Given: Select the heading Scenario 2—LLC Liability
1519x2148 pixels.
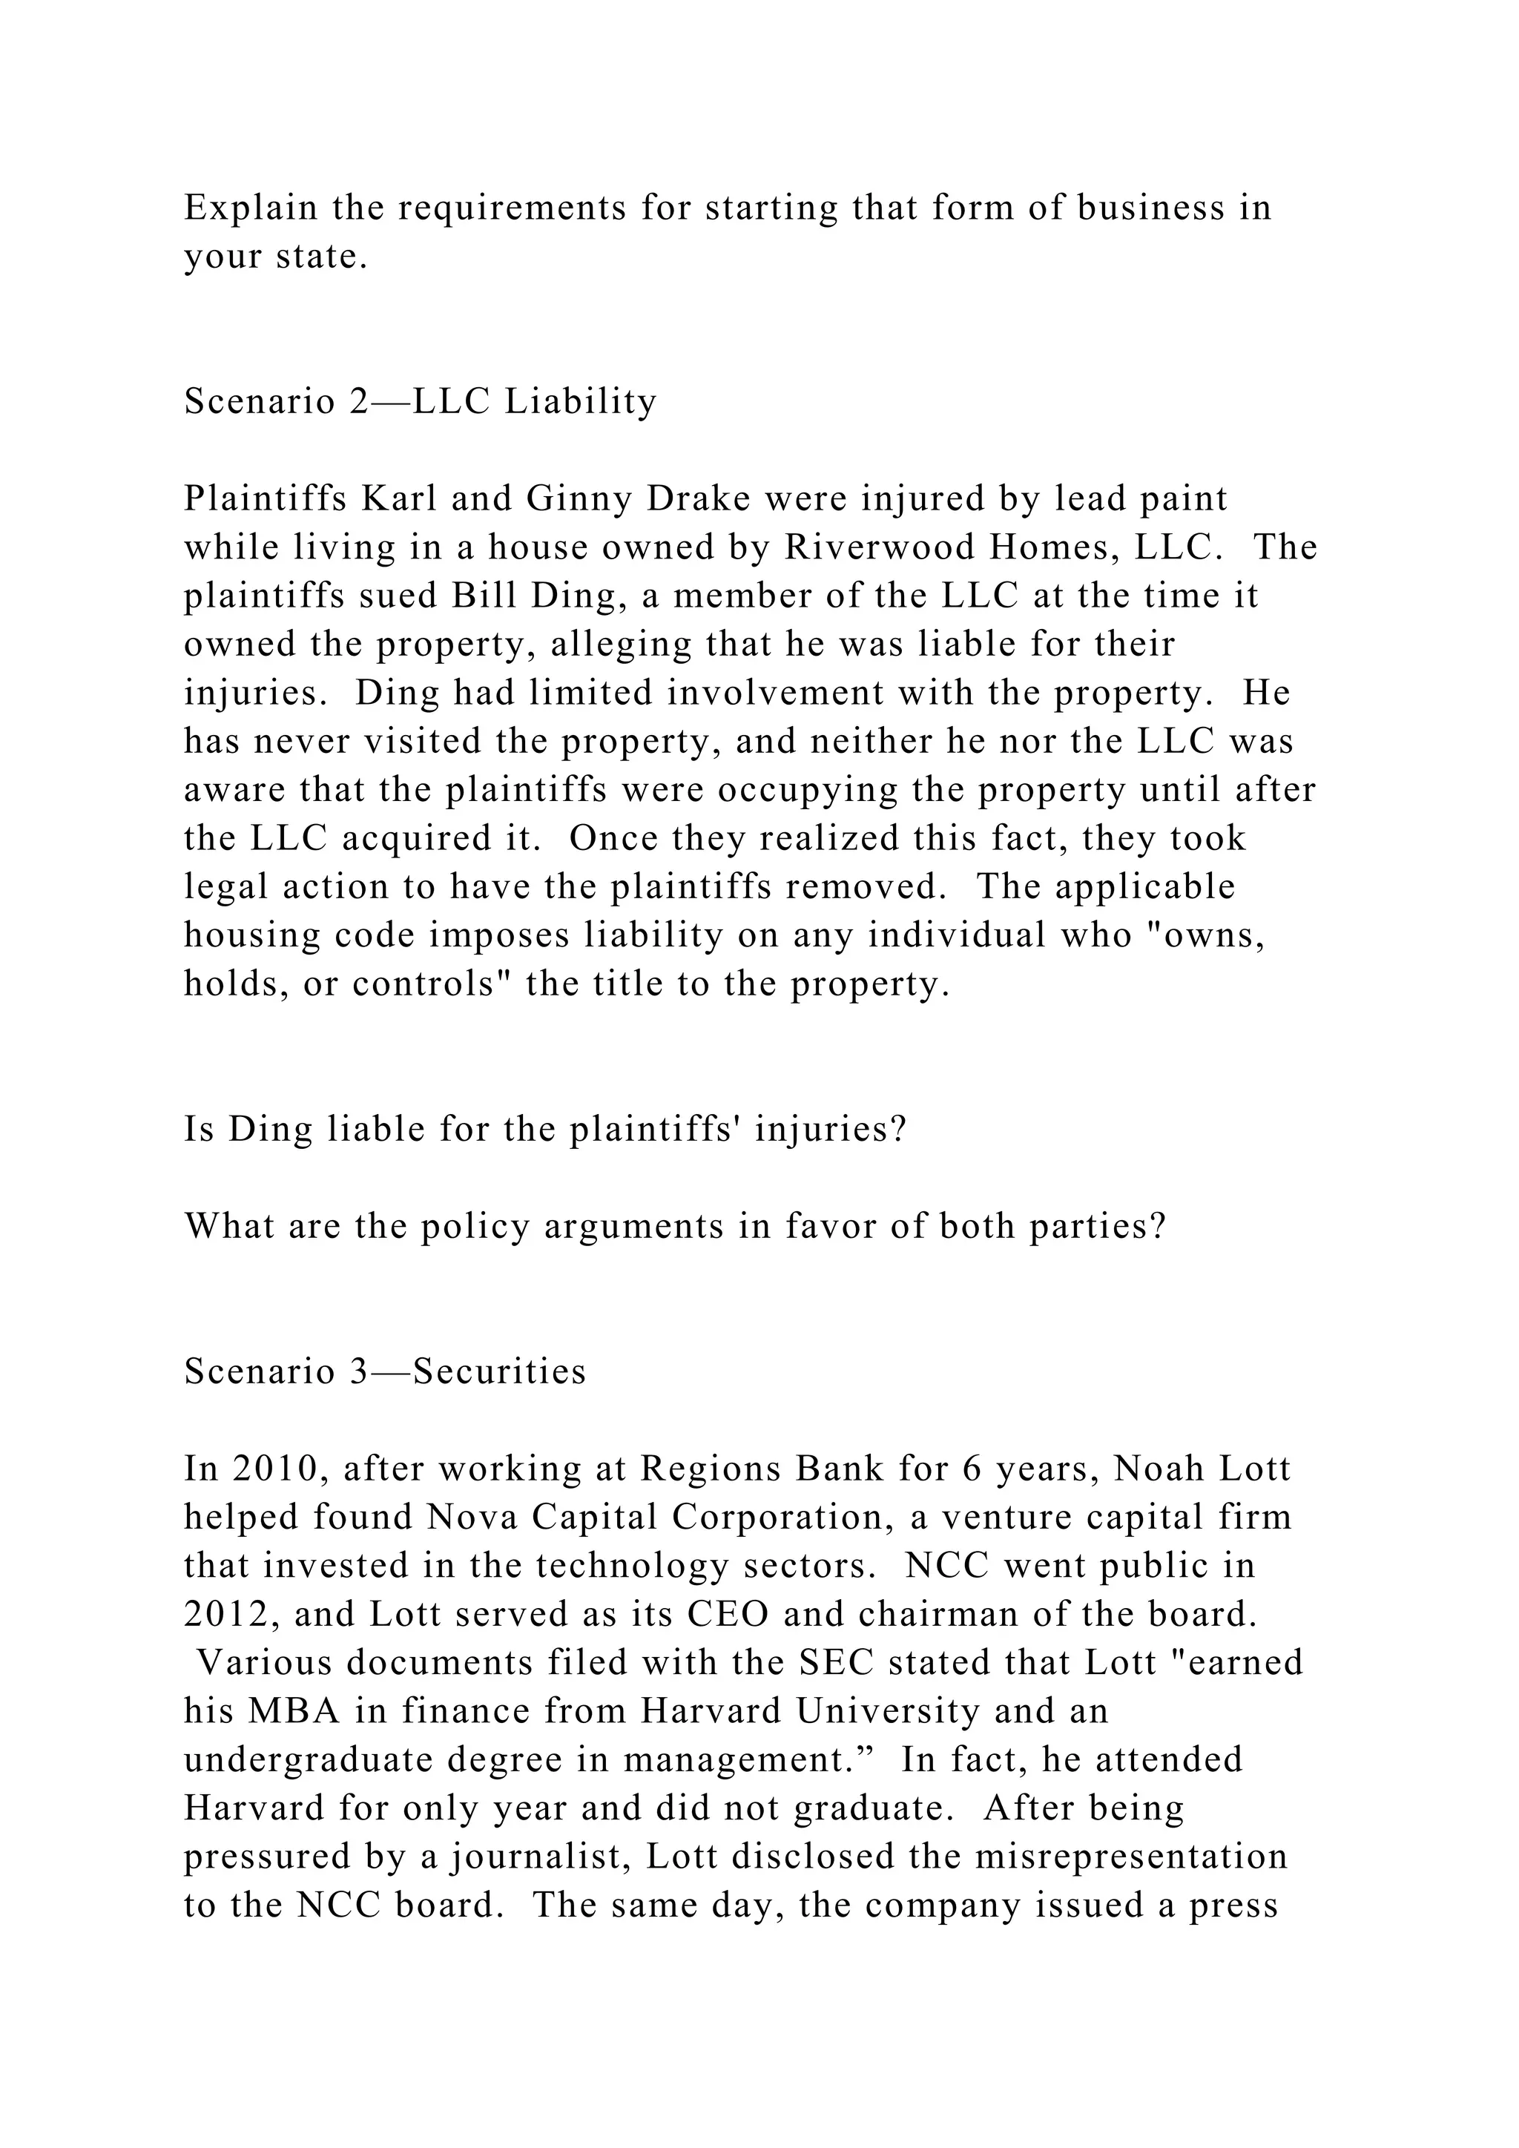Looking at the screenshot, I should (420, 401).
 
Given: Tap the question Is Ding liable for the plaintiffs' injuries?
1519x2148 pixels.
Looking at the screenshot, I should (544, 1129).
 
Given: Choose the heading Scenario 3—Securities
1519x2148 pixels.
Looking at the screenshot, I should (384, 1371).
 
